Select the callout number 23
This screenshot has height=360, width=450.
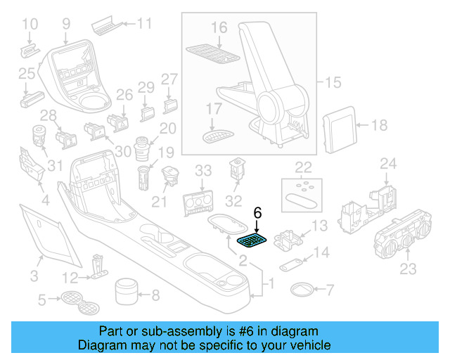tap(408, 269)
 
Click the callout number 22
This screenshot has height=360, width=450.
tap(303, 167)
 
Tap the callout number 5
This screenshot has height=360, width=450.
tap(41, 301)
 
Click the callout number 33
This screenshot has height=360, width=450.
tap(203, 170)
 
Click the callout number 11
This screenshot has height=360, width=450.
tap(143, 24)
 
